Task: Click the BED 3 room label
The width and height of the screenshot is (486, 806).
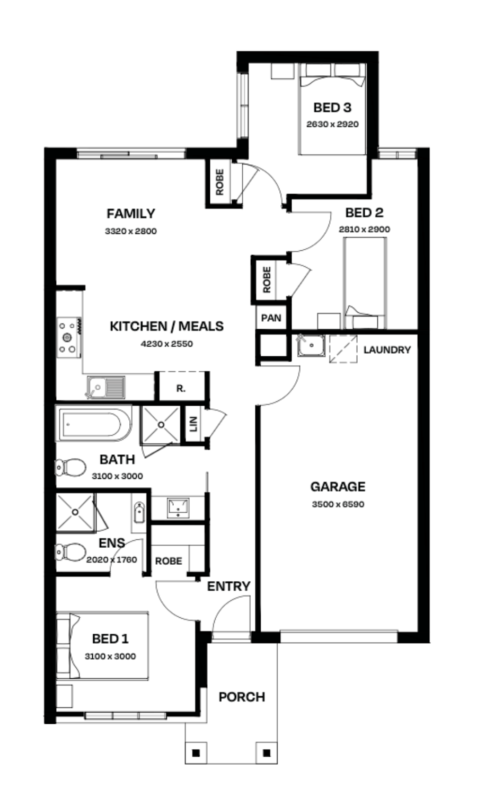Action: point(332,108)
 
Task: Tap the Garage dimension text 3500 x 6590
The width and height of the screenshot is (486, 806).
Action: point(338,504)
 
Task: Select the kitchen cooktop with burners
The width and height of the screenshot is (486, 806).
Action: point(69,337)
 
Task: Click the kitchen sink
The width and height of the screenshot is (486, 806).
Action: point(106,388)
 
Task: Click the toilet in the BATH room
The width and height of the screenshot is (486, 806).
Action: point(70,467)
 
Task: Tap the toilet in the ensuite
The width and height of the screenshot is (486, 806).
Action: point(70,552)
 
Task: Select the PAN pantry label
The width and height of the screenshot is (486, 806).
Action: point(271,318)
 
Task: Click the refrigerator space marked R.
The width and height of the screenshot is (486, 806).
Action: point(181,388)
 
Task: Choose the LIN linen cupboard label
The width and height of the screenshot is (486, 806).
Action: point(193,424)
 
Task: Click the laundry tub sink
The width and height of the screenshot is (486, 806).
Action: point(311,345)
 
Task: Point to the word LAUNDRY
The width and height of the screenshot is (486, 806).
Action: point(387,350)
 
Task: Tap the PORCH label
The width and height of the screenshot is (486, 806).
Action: point(242,697)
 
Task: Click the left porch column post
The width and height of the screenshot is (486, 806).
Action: point(196,753)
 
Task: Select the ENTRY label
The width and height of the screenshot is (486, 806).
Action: point(228,586)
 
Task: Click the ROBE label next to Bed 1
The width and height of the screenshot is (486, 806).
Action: point(169,561)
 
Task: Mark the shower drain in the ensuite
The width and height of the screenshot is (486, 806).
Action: point(75,512)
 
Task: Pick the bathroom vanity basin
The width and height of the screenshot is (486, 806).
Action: point(179,507)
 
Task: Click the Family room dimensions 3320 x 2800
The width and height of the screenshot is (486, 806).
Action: point(130,231)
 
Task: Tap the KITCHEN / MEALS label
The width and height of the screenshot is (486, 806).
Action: point(166,326)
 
